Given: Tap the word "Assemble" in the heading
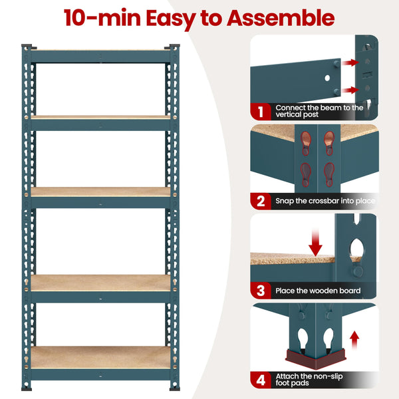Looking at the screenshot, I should point(280,17).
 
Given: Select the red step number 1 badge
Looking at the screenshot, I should point(261,111).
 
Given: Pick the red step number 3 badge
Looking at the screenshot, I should point(261,290).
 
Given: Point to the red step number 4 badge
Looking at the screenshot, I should point(261,380).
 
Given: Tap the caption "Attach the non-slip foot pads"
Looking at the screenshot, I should point(309,380).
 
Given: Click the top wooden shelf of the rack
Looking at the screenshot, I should point(100,51).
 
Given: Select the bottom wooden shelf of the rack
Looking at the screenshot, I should point(100,356).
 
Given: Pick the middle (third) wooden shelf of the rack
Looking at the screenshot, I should point(100,192).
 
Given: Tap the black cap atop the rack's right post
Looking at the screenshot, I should point(175,46).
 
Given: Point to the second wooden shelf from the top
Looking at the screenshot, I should point(100,118).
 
